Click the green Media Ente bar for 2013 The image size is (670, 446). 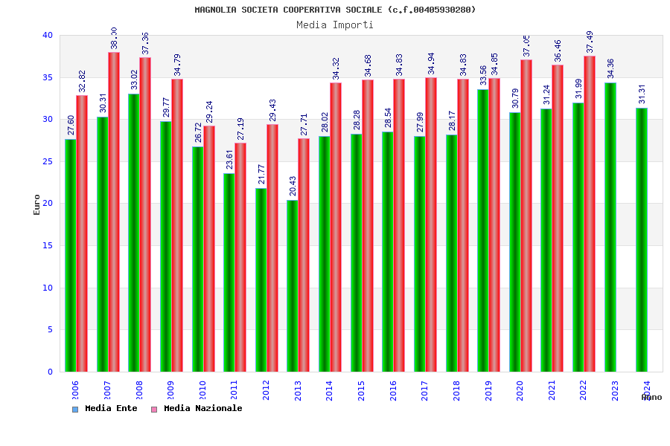click(293, 286)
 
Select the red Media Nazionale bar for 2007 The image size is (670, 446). click(114, 212)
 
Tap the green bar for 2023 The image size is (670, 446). click(610, 227)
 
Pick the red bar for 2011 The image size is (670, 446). click(240, 257)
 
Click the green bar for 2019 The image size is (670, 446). click(483, 230)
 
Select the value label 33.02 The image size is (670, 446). click(134, 80)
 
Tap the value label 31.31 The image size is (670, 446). click(642, 94)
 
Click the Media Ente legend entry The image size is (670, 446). click(105, 409)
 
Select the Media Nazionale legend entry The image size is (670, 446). click(197, 409)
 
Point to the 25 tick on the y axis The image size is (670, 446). click(48, 161)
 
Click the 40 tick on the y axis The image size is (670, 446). click(48, 36)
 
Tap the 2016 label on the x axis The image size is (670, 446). click(393, 391)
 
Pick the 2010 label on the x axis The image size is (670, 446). click(202, 391)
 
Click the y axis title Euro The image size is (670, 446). click(37, 204)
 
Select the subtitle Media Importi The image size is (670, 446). click(335, 25)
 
